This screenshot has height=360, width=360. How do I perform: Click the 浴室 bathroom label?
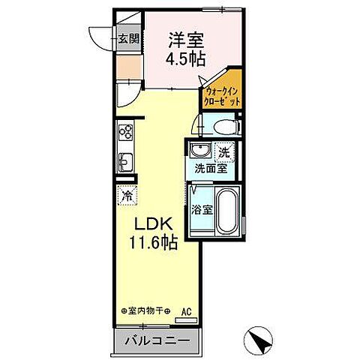coord(200,209)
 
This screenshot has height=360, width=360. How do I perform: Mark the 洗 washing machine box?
coord(224,152)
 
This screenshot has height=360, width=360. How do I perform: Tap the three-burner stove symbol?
coord(124,135)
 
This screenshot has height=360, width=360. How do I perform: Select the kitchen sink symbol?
coord(125,161)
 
